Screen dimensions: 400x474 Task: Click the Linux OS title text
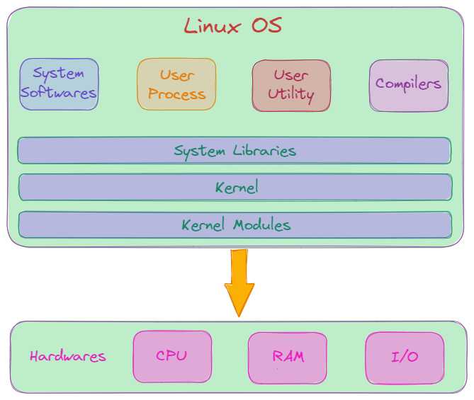click(233, 26)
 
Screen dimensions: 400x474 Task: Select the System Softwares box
click(59, 84)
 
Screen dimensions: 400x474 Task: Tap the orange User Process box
click(176, 84)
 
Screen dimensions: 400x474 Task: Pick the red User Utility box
click(291, 85)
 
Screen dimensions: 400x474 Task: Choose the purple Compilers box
click(408, 84)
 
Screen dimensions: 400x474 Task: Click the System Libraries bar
click(235, 151)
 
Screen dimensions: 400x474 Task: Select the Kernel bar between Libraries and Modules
click(235, 188)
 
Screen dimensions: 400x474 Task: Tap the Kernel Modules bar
click(235, 225)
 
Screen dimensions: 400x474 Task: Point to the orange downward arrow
click(239, 280)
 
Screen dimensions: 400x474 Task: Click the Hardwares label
click(68, 356)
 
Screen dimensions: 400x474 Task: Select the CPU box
click(172, 355)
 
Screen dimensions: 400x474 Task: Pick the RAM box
click(288, 356)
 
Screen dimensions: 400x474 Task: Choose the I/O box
click(405, 357)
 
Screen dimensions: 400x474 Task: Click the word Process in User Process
click(177, 94)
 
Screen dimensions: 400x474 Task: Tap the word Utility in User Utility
click(291, 94)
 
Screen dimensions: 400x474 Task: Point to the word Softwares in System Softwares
click(59, 93)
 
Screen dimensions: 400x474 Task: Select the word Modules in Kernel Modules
click(263, 225)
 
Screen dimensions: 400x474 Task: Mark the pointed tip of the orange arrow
click(239, 314)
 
